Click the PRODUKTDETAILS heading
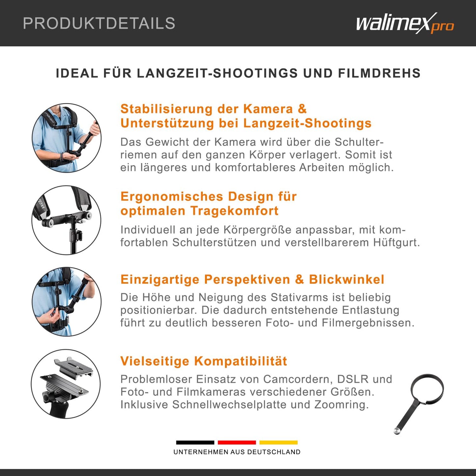[99, 23]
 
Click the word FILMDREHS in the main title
[379, 73]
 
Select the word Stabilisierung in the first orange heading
[166, 109]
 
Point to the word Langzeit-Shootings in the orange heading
[307, 123]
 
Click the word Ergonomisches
[172, 197]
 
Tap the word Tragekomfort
[234, 211]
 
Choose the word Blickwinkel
[347, 279]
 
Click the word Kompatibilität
[240, 361]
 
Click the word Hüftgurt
[397, 242]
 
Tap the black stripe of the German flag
[195, 442]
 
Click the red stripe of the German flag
[237, 442]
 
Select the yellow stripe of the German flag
[278, 442]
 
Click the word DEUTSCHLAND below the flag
[274, 452]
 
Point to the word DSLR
[352, 379]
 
